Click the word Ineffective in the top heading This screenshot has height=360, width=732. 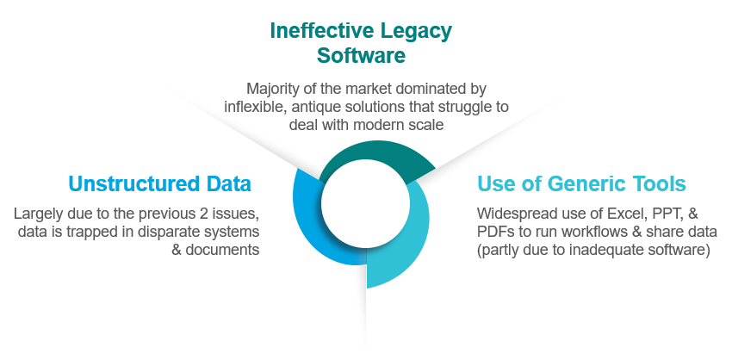pos(322,31)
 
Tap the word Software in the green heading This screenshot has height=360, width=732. pos(361,56)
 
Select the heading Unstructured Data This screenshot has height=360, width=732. pos(159,183)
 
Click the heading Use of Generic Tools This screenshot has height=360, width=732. pos(581,183)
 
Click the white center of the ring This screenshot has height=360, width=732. pos(365,203)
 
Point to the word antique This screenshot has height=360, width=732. pos(318,107)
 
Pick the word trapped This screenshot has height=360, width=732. pos(93,232)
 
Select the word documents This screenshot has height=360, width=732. pos(222,250)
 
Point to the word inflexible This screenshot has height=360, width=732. pos(255,107)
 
